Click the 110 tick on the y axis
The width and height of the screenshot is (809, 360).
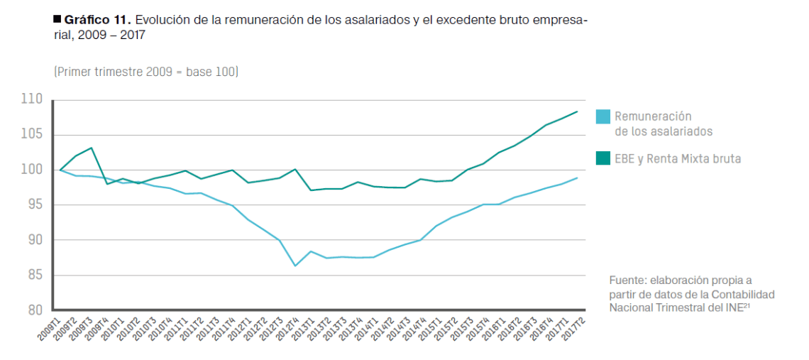pos(33,99)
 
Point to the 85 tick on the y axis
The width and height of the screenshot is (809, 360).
pos(34,275)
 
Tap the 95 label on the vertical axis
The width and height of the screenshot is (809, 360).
pos(34,204)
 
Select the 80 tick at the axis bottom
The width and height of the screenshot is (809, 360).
pos(34,310)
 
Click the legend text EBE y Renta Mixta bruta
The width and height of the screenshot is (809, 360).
pos(678,159)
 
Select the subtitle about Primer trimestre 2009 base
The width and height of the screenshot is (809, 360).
pos(146,72)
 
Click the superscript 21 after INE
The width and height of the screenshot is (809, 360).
pos(747,305)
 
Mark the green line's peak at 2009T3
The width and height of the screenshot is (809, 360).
pos(91,148)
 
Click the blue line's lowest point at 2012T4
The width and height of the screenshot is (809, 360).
pos(295,266)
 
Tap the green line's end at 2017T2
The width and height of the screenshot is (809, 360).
pos(577,111)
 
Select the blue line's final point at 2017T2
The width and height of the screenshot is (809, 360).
pos(577,178)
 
